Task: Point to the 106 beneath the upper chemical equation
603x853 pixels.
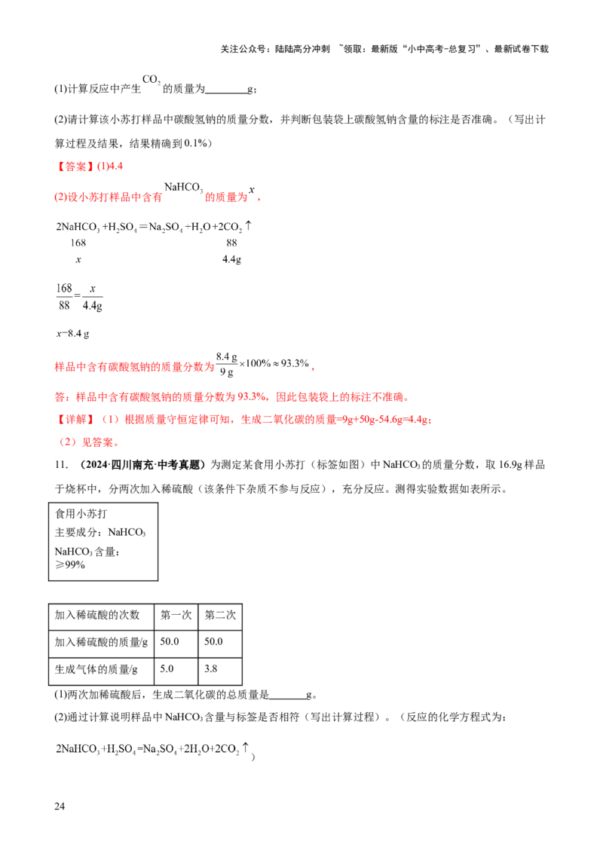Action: point(78,243)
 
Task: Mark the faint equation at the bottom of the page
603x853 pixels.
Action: point(151,748)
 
